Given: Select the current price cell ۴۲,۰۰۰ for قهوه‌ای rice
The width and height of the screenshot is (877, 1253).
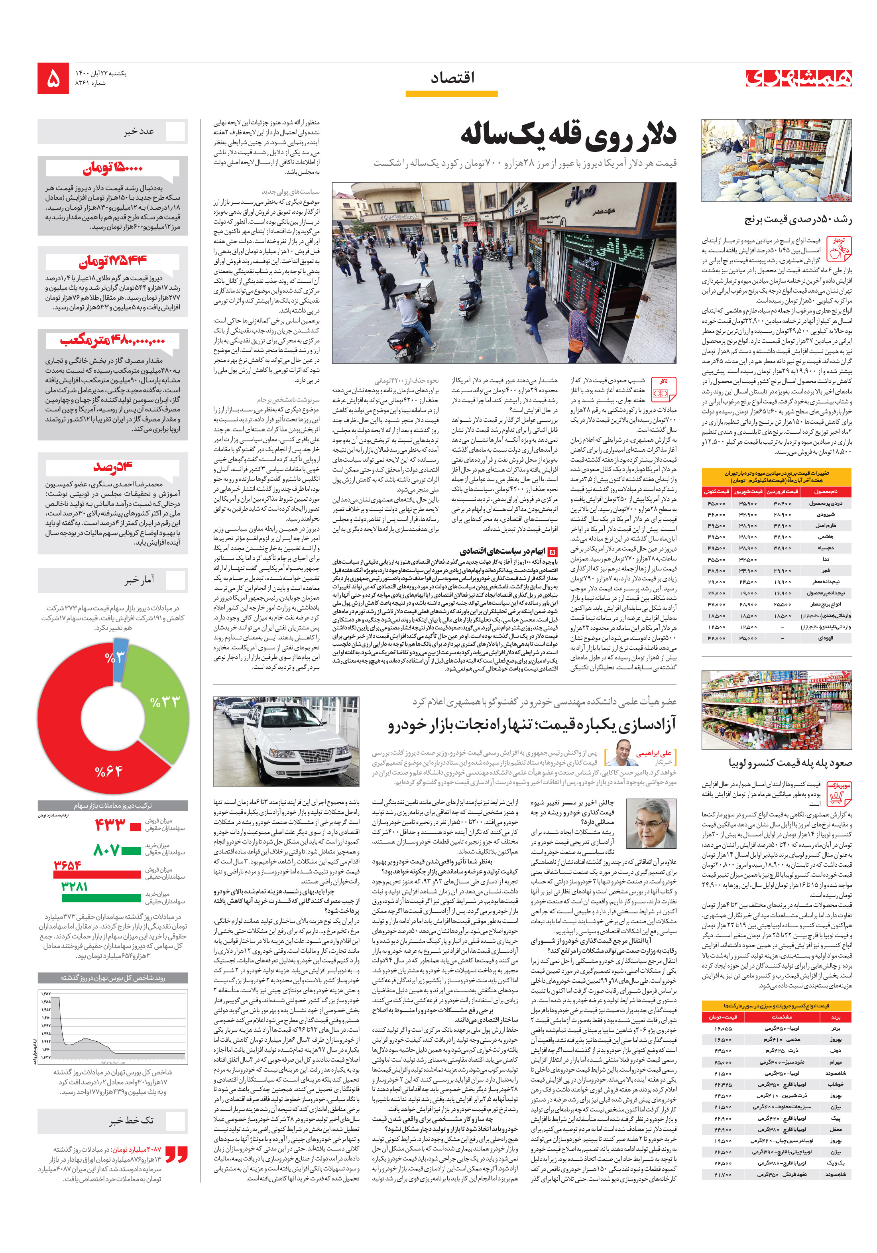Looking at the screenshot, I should [x=716, y=638].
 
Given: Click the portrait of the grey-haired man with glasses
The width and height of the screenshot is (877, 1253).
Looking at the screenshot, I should [x=651, y=824].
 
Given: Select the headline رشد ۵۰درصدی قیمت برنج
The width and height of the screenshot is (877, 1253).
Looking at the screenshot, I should [x=797, y=219].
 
